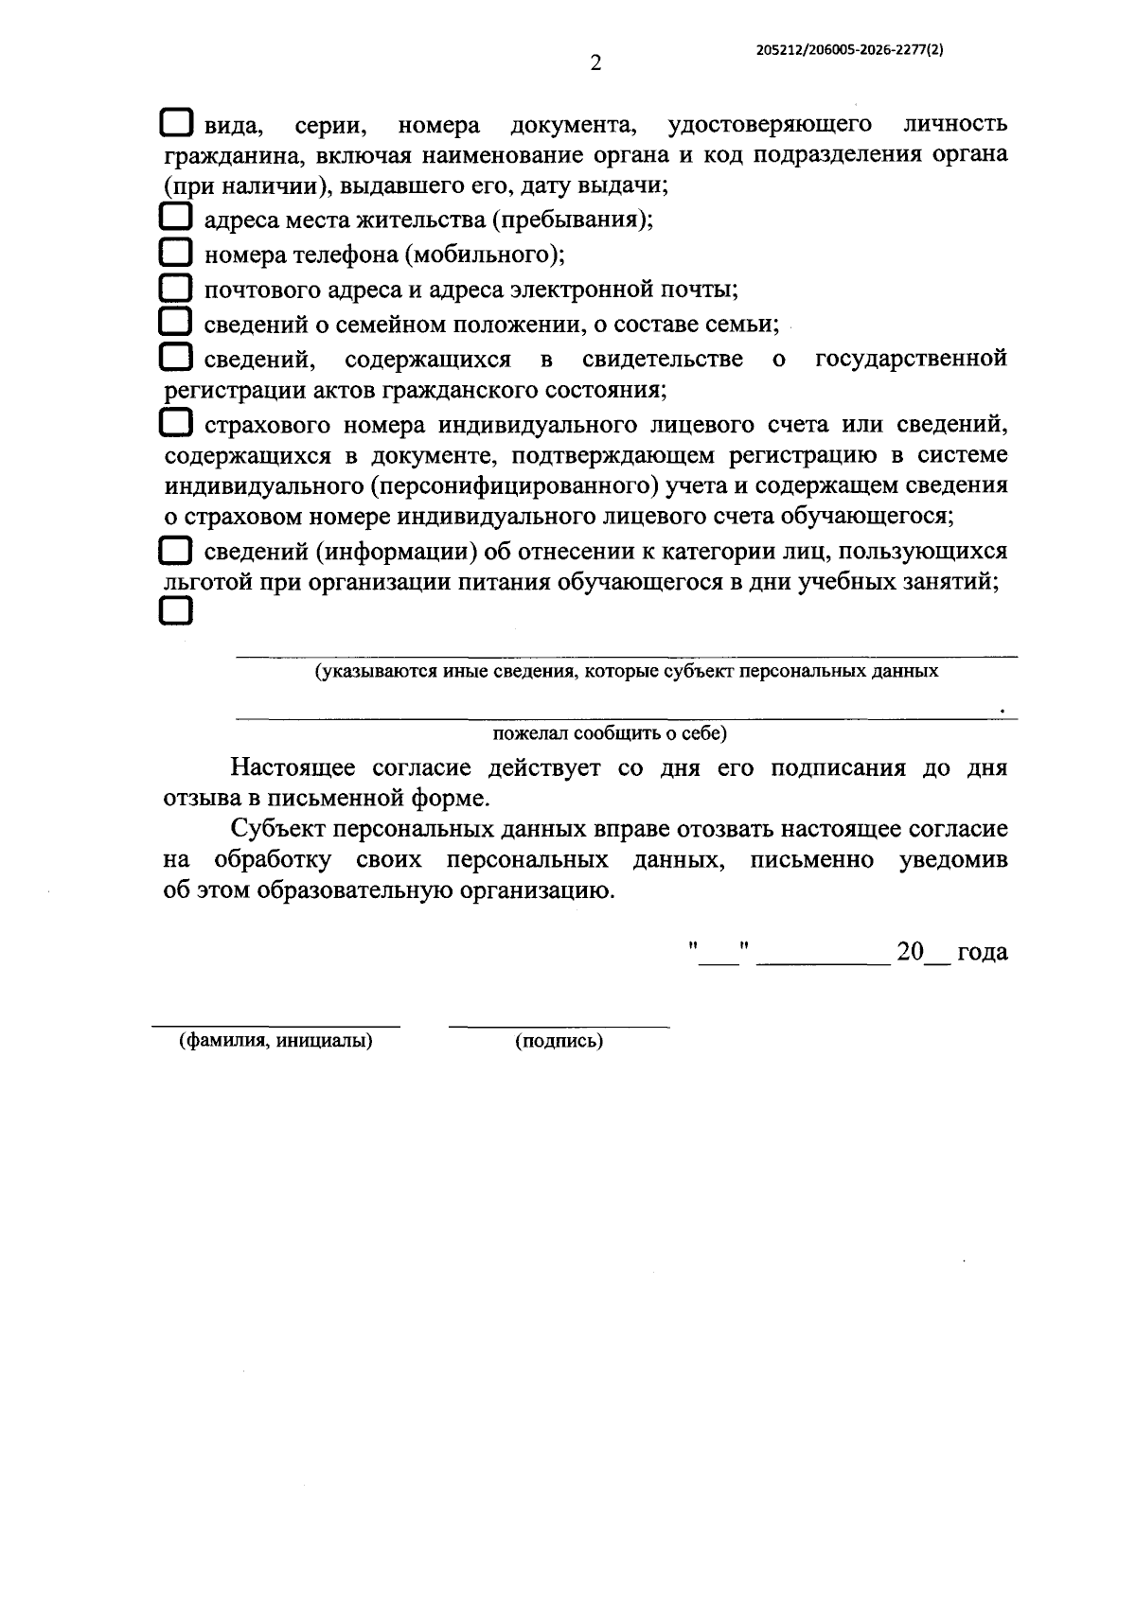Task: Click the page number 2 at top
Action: click(x=595, y=63)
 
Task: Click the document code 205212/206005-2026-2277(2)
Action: click(x=849, y=54)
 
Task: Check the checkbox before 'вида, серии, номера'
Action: click(x=176, y=123)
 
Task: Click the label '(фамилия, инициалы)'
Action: click(x=275, y=1041)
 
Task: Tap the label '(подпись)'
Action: click(x=559, y=1041)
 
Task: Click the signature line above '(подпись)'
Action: click(x=559, y=1025)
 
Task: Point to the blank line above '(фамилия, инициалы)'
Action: click(x=275, y=1025)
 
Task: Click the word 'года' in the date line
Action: click(x=982, y=952)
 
